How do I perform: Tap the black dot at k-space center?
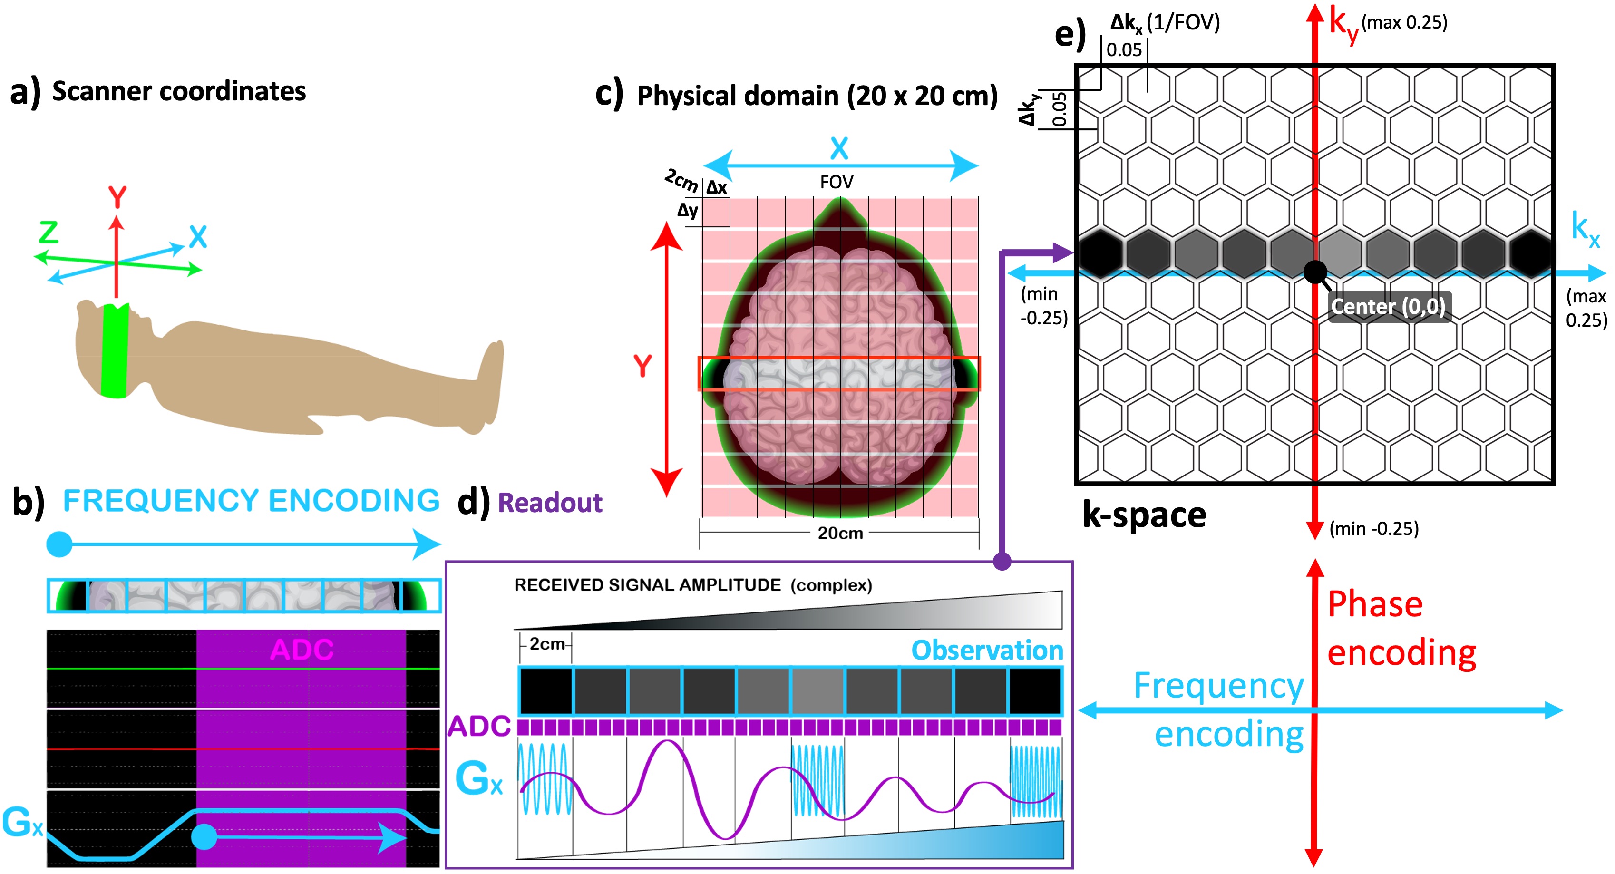pyautogui.click(x=1315, y=272)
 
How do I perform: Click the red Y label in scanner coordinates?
pyautogui.click(x=117, y=197)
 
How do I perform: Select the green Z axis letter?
pyautogui.click(x=49, y=232)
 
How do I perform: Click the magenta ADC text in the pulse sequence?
pyautogui.click(x=302, y=650)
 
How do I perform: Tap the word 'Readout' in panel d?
pyautogui.click(x=549, y=503)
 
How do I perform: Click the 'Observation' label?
pyautogui.click(x=987, y=650)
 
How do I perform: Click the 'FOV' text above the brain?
pyautogui.click(x=837, y=183)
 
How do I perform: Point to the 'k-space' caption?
pyautogui.click(x=1144, y=515)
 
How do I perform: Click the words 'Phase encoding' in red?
pyautogui.click(x=1401, y=628)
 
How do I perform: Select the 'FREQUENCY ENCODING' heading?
pyautogui.click(x=251, y=500)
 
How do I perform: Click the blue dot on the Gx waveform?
pyautogui.click(x=204, y=836)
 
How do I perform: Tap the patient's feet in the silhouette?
pyautogui.click(x=489, y=382)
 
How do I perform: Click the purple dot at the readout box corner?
pyautogui.click(x=1002, y=561)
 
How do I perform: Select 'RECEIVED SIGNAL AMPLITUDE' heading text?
pyautogui.click(x=647, y=585)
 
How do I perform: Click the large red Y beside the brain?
pyautogui.click(x=642, y=366)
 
